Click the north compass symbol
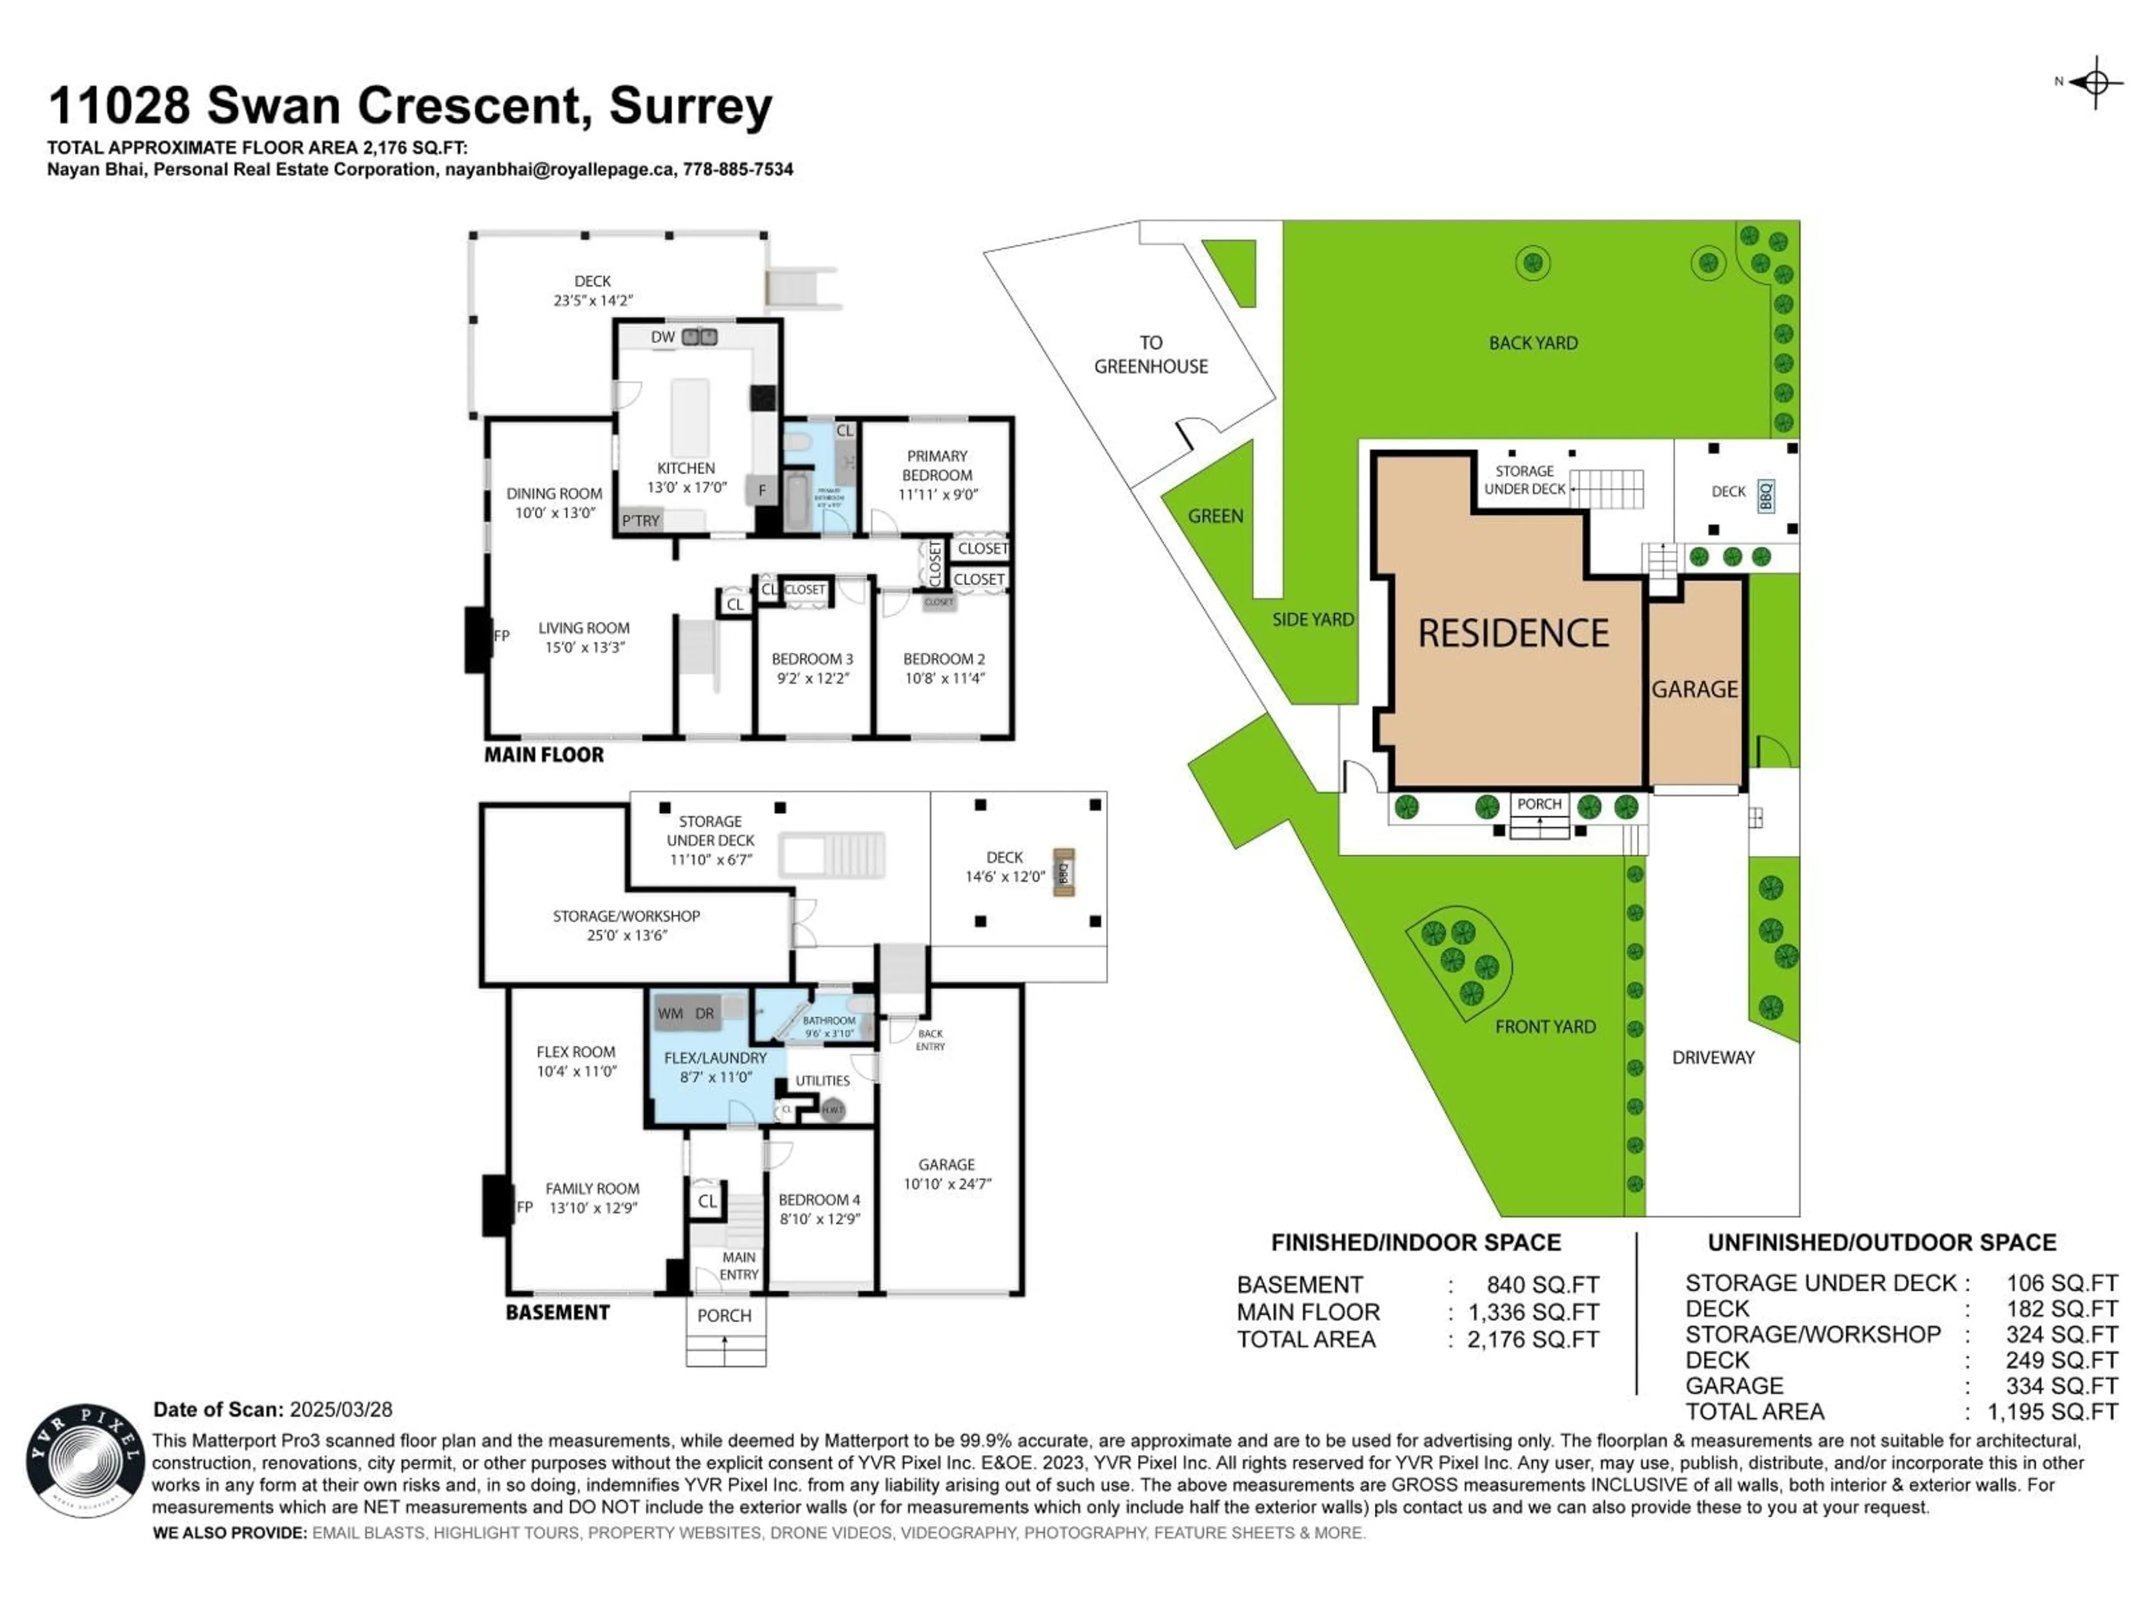[2094, 82]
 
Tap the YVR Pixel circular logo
[85, 1461]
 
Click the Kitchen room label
[686, 468]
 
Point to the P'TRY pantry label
[640, 521]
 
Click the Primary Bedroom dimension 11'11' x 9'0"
[937, 494]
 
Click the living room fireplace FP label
[501, 636]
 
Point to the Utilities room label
[823, 1081]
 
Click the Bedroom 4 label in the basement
[819, 1200]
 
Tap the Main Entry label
[738, 1266]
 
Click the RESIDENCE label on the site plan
[1513, 634]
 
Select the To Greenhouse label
[1150, 354]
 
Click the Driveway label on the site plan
[1713, 1057]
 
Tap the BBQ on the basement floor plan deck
[1063, 873]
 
